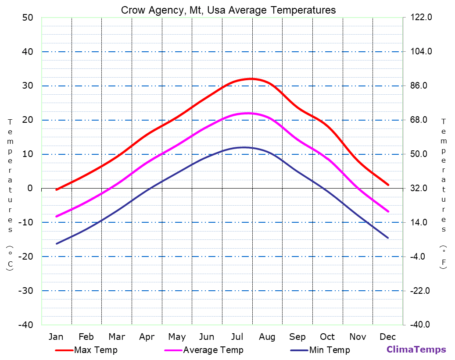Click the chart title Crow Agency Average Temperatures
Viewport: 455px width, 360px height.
tap(228, 10)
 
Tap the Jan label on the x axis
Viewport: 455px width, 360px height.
tap(56, 337)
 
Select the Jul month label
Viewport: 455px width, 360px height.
tap(237, 337)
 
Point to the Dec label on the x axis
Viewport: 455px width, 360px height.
tap(388, 337)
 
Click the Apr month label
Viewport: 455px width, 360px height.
tap(147, 337)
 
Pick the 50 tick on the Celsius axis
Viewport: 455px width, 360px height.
tap(27, 18)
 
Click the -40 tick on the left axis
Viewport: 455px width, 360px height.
tap(25, 324)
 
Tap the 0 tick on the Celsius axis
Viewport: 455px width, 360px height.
tap(30, 188)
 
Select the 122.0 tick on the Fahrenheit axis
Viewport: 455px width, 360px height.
tap(421, 18)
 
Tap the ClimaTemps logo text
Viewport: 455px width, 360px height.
tap(416, 350)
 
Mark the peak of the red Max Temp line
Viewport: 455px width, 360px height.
tap(251, 79)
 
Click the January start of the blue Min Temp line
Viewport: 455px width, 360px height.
tap(57, 243)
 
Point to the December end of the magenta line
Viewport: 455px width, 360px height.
tap(388, 211)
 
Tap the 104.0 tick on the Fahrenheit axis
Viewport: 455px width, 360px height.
tap(421, 51)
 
